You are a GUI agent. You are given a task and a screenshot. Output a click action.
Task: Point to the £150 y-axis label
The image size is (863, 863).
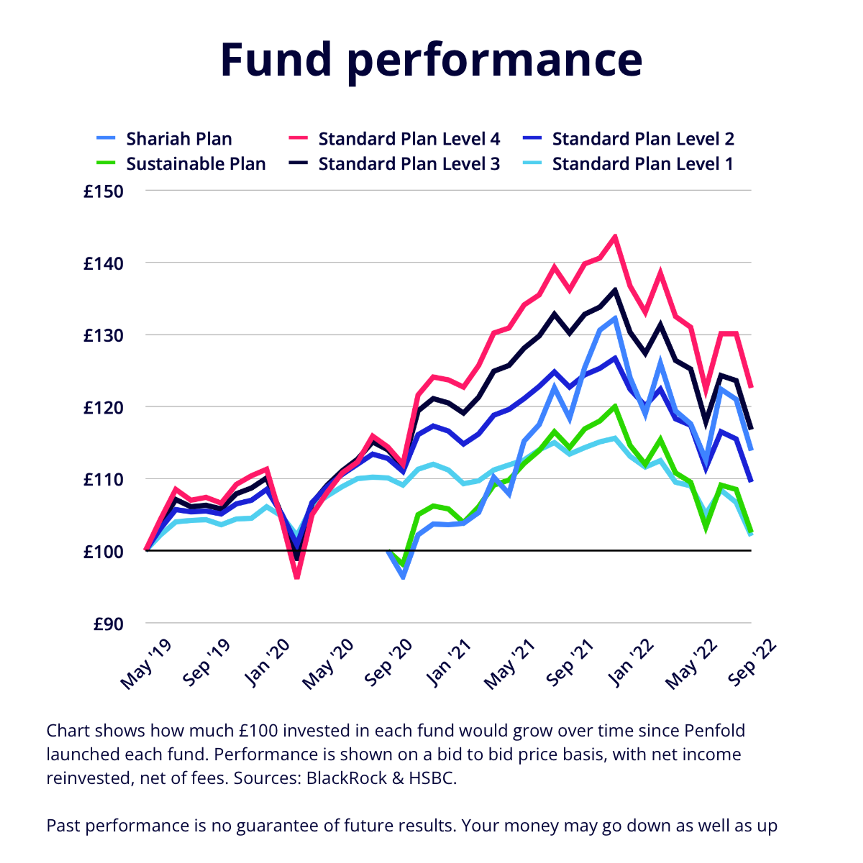pos(103,192)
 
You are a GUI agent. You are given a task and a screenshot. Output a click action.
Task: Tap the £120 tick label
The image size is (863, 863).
pos(103,408)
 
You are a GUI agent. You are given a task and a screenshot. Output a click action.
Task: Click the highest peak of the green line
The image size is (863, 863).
pos(615,406)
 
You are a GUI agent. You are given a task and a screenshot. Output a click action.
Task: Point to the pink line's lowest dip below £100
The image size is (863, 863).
pos(297,577)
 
